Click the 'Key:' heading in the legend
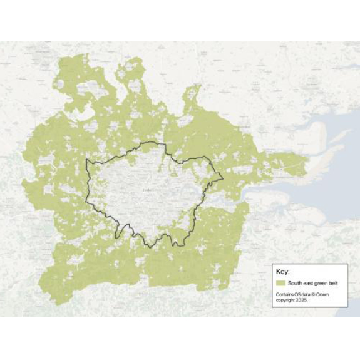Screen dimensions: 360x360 pos(282,272)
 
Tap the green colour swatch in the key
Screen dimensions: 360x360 pos(280,283)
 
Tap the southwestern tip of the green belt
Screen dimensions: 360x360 pos(57,304)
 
